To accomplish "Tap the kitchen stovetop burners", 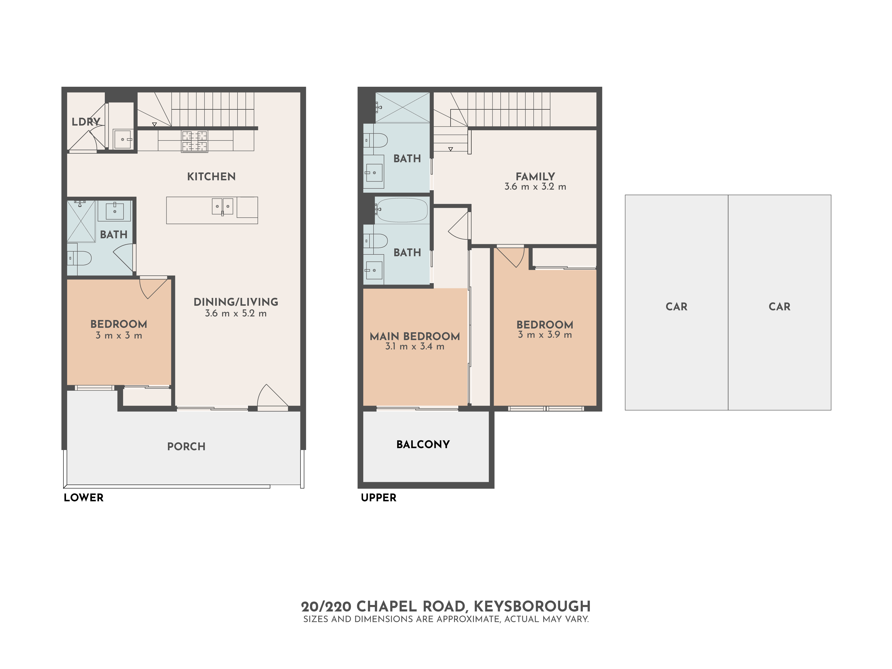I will click(x=194, y=141).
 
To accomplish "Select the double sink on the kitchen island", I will click(x=222, y=206).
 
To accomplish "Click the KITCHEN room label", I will click(x=211, y=177).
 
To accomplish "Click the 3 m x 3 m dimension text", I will click(x=119, y=336).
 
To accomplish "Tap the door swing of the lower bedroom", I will click(x=153, y=287).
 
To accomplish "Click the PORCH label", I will click(x=186, y=446).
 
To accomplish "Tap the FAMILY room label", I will click(x=535, y=177).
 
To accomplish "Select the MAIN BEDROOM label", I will click(x=415, y=336).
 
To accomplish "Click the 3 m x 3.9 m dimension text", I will click(x=545, y=335).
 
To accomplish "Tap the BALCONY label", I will click(x=423, y=444).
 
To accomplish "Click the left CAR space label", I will click(x=676, y=306).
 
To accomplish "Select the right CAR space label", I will click(x=779, y=306).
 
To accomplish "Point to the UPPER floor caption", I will click(x=378, y=498).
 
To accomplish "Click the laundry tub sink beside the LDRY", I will click(x=122, y=139).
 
